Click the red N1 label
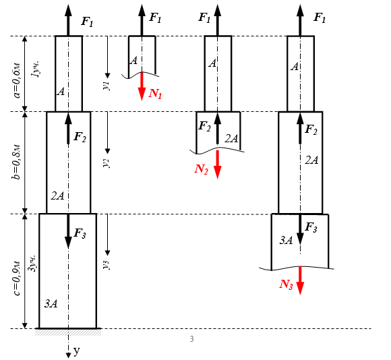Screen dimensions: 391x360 click(x=155, y=94)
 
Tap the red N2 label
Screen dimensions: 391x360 click(x=202, y=169)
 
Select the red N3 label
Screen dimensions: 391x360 click(x=286, y=284)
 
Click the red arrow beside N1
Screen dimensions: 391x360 click(x=142, y=86)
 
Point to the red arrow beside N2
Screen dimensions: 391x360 click(x=218, y=164)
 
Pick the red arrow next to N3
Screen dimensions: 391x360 click(x=300, y=280)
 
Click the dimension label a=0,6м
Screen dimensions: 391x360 click(x=16, y=81)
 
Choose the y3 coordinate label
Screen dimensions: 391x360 click(x=107, y=265)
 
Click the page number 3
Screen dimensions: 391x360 click(x=191, y=339)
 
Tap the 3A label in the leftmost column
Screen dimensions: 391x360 click(x=51, y=303)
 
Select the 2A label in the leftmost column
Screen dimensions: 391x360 click(x=57, y=196)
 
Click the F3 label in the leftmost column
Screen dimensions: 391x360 click(x=80, y=234)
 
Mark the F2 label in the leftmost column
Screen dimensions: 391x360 click(x=80, y=137)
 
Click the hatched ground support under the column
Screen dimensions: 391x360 click(x=68, y=332)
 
